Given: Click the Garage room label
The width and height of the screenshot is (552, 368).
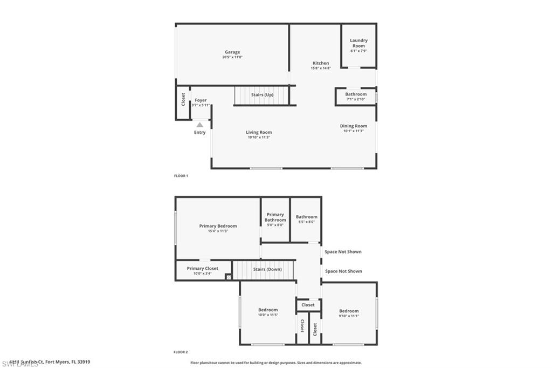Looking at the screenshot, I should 232,52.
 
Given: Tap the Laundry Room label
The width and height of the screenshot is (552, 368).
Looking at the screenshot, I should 358,43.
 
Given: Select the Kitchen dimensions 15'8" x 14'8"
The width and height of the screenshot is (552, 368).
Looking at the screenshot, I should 320,69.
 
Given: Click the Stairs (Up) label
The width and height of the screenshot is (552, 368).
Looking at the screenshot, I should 262,95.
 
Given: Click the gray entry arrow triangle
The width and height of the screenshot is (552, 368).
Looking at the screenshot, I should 199,125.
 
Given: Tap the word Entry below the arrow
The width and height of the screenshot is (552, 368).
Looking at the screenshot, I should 199,132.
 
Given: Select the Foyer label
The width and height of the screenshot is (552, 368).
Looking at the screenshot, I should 201,100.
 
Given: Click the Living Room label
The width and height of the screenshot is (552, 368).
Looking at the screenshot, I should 259,132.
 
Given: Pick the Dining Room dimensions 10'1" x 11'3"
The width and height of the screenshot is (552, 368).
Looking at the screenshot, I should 354,131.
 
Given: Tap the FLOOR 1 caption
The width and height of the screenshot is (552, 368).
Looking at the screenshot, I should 181,176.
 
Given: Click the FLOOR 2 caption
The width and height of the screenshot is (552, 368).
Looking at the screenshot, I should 181,352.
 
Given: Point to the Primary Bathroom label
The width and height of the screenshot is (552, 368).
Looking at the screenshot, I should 275,217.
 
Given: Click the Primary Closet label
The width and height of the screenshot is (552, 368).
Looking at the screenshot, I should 203,268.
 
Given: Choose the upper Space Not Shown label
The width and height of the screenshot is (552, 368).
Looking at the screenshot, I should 343,251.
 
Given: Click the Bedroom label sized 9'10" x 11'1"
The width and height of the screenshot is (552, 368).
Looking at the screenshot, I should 349,311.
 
